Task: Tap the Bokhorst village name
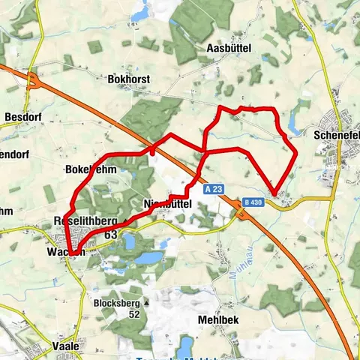point(130,78)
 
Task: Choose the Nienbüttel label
point(167,203)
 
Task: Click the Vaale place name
point(66,346)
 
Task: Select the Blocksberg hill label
point(115,303)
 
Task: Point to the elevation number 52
point(135,314)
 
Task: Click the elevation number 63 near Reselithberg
point(112,235)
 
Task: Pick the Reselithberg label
point(85,221)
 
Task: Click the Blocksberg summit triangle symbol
point(146,303)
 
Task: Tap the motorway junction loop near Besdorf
point(33,80)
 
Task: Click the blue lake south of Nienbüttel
point(150,257)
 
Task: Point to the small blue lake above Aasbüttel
point(139,13)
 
